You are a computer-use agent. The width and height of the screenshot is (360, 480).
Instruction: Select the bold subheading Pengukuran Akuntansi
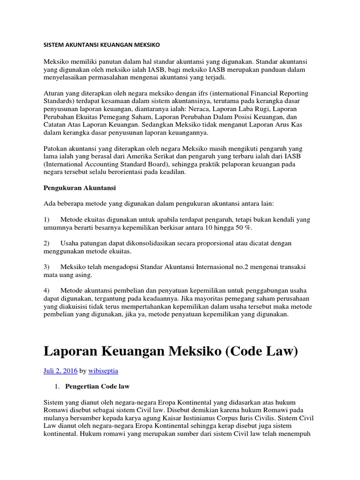coord(79,188)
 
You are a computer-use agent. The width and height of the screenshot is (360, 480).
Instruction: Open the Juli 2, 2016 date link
coord(60,370)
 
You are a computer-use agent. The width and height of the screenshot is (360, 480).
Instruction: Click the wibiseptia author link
coord(105,370)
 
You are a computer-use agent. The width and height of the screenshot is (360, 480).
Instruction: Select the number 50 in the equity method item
coord(243,227)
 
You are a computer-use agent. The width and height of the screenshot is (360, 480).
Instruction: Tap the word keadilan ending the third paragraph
coord(172,172)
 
